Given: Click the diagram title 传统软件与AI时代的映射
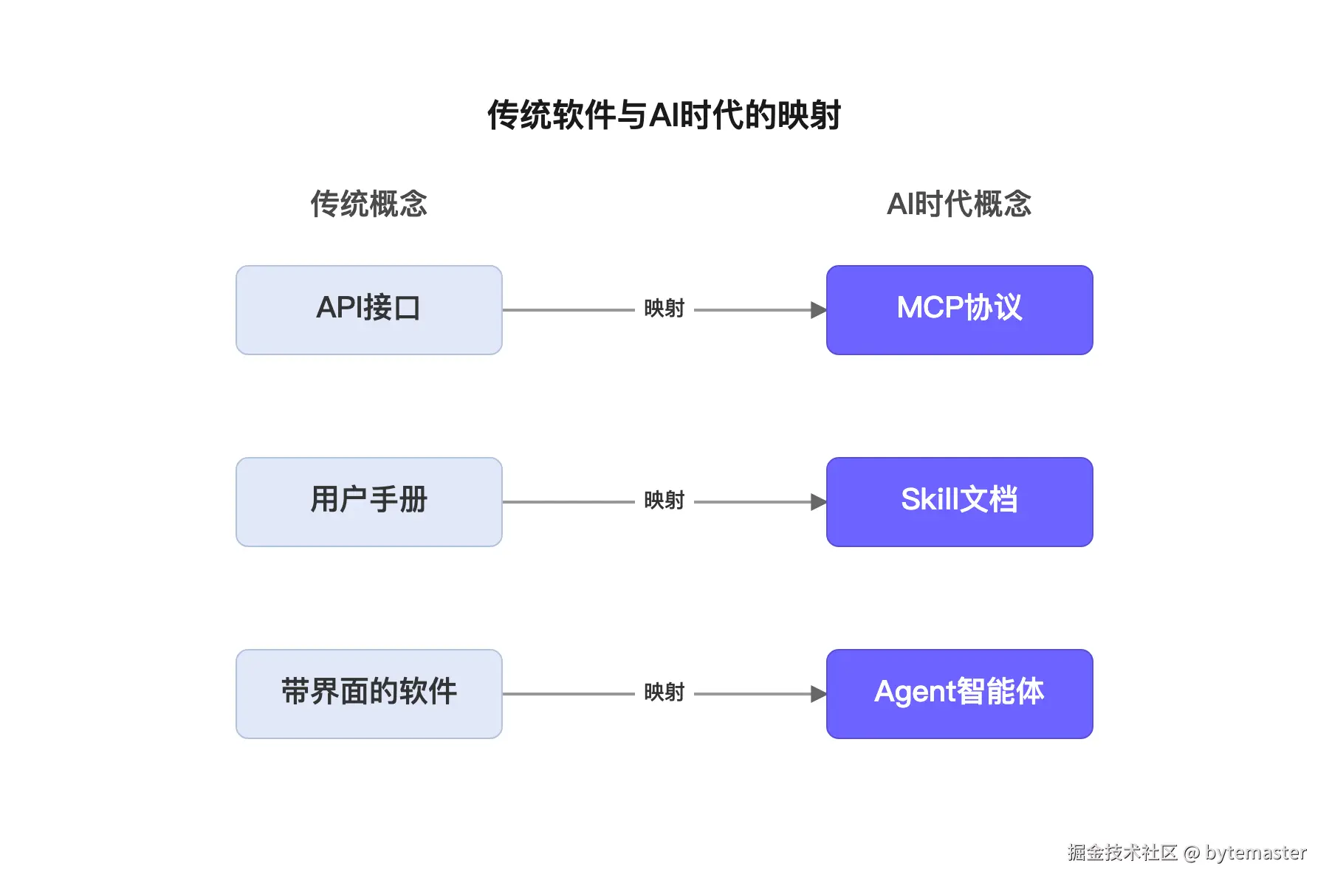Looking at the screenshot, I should pyautogui.click(x=664, y=115).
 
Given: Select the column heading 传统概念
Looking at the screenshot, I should pyautogui.click(x=368, y=204).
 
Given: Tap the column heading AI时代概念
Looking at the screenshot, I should pyautogui.click(x=959, y=204).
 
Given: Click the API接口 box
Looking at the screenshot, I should pyautogui.click(x=368, y=310).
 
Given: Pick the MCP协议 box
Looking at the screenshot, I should pyautogui.click(x=959, y=310).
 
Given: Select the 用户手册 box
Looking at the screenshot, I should pyautogui.click(x=368, y=502).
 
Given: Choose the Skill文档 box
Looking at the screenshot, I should pyautogui.click(x=959, y=502).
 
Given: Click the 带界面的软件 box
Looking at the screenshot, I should pyautogui.click(x=368, y=694).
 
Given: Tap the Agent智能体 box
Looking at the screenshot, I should pyautogui.click(x=959, y=694).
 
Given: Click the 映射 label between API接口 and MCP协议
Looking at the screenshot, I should pyautogui.click(x=664, y=309).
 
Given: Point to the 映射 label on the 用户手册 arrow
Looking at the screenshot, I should pyautogui.click(x=664, y=501).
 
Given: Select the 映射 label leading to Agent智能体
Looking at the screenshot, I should pyautogui.click(x=664, y=693).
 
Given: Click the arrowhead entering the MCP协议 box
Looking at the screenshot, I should pyautogui.click(x=818, y=310).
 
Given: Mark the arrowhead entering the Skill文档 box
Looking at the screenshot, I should pyautogui.click(x=818, y=502).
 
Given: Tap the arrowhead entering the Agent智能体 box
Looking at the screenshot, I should pyautogui.click(x=818, y=694).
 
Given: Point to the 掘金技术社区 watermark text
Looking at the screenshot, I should pyautogui.click(x=1122, y=853).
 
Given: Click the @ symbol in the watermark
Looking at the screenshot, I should pyautogui.click(x=1192, y=854).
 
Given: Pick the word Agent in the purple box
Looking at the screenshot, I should pyautogui.click(x=915, y=693).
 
